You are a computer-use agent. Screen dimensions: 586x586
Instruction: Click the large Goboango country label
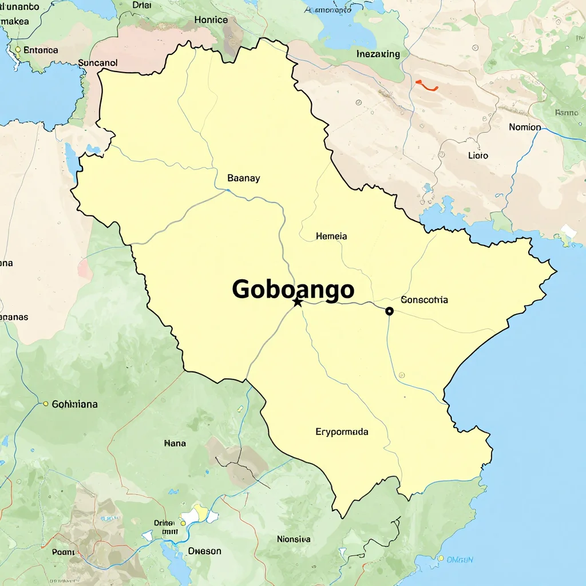tap(293, 290)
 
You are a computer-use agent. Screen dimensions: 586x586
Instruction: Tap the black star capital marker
tap(297, 302)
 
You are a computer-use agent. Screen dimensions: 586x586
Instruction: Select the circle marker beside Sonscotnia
tap(390, 311)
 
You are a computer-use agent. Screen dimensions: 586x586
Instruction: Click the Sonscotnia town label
tap(424, 300)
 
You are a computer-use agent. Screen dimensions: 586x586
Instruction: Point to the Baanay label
tap(243, 178)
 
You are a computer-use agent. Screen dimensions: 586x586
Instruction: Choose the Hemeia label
tap(331, 236)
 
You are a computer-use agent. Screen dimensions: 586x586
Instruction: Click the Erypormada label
tap(342, 431)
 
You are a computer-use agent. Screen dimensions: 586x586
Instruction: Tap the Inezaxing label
tap(378, 54)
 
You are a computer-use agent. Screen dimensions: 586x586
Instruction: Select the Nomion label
tap(525, 127)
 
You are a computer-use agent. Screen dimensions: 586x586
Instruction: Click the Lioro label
tap(478, 155)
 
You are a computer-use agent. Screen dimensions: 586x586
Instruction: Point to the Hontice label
tap(211, 19)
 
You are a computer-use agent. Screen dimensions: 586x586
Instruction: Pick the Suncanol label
tap(97, 63)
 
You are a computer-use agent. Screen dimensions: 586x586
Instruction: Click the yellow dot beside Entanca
tap(18, 50)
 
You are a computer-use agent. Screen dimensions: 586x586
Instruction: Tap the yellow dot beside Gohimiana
tap(46, 404)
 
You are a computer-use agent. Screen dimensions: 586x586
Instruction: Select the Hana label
tap(175, 443)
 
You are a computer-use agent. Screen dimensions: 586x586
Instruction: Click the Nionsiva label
tap(294, 539)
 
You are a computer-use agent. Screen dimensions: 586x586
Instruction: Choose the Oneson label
tap(204, 551)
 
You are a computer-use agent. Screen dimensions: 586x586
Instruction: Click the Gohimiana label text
tap(74, 404)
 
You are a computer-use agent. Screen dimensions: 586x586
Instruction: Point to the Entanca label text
tap(41, 50)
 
